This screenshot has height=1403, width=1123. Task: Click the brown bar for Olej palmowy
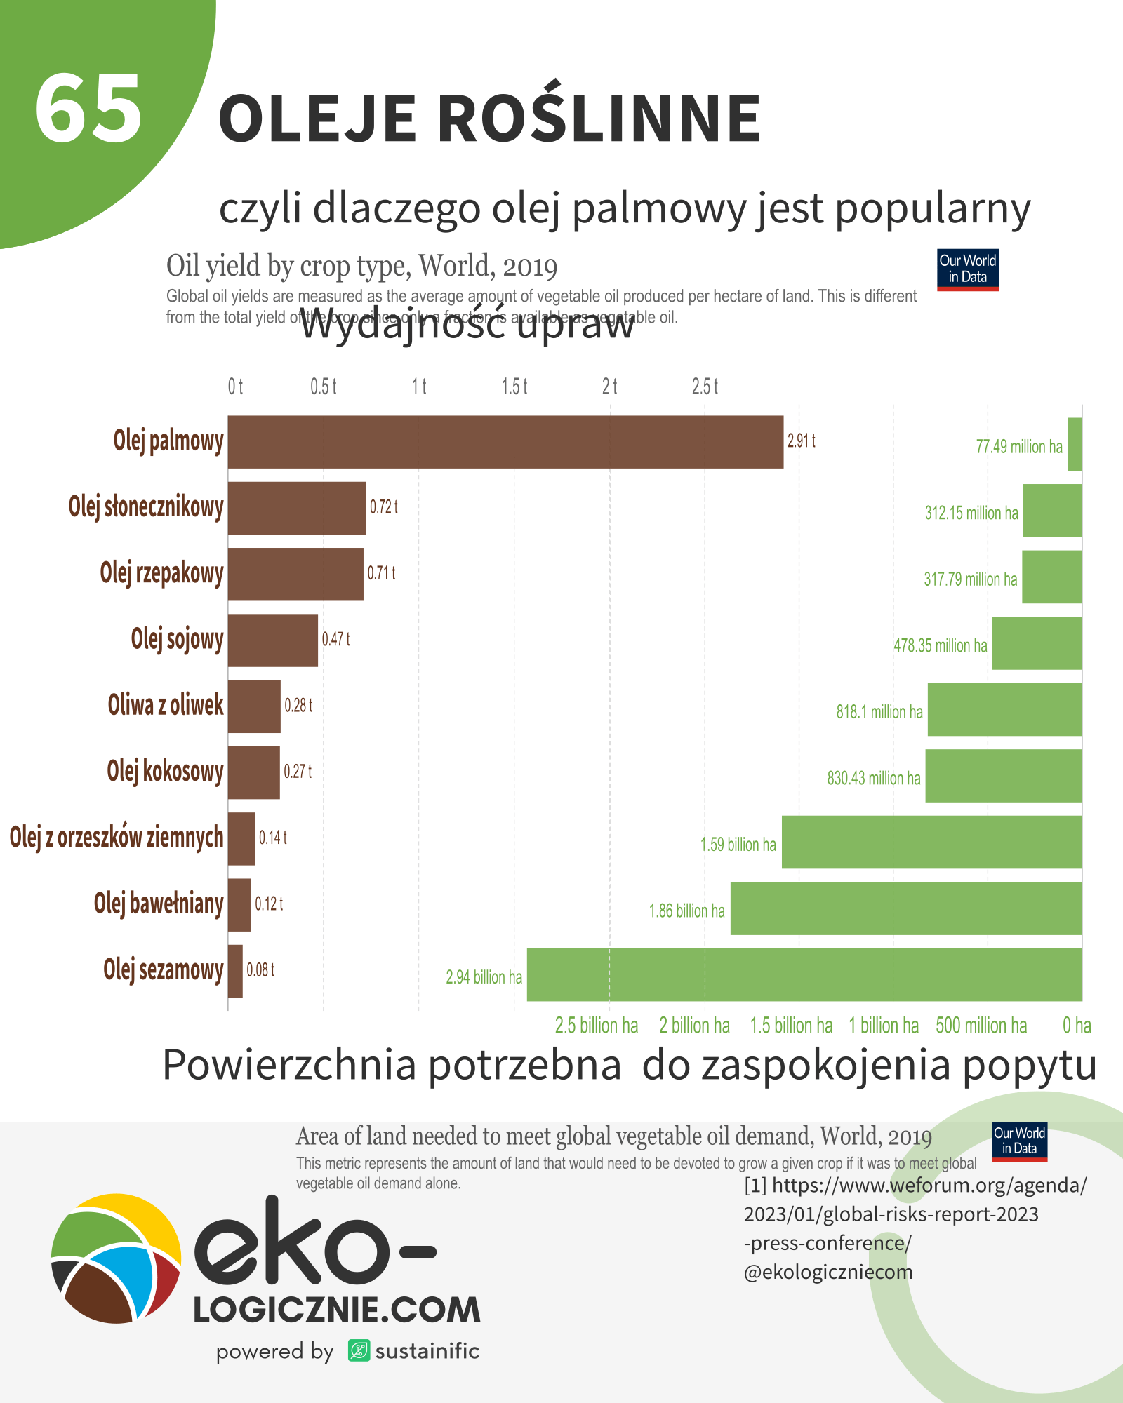coord(505,442)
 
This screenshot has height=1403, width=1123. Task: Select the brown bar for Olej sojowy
coord(273,640)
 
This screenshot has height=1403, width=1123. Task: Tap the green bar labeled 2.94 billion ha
coord(804,974)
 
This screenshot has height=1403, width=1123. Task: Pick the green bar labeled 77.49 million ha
coord(1075,444)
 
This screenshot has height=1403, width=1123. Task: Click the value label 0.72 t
coord(384,507)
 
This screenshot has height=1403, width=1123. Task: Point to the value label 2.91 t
coord(801,441)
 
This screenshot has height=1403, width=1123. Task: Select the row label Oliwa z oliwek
coord(166,705)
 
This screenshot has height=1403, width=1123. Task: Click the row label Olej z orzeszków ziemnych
coord(117,838)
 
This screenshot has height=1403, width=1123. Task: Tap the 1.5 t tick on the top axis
coord(514,387)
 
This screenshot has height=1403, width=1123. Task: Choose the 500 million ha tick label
coord(981,1026)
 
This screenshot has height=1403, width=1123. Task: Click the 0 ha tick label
coord(1077,1026)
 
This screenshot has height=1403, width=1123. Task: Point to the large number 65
coord(88,109)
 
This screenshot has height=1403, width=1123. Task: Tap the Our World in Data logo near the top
coord(967,269)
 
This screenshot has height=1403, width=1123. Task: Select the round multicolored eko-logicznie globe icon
coord(117,1258)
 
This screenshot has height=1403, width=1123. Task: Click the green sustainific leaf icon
coord(359,1350)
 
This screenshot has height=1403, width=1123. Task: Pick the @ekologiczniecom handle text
coord(828,1272)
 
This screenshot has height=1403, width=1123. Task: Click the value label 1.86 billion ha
coord(686,911)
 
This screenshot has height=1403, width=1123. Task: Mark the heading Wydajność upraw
coord(467,324)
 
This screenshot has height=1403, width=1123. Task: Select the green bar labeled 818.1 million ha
coord(1004,709)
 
